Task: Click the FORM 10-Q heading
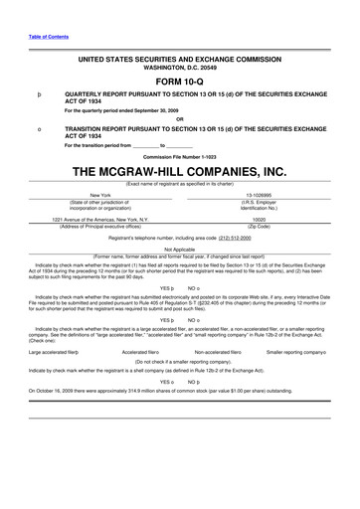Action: [179, 81]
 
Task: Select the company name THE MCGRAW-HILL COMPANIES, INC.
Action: [180, 172]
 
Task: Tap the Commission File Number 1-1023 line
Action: [180, 156]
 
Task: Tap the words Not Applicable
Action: [180, 250]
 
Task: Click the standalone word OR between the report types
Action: [180, 119]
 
